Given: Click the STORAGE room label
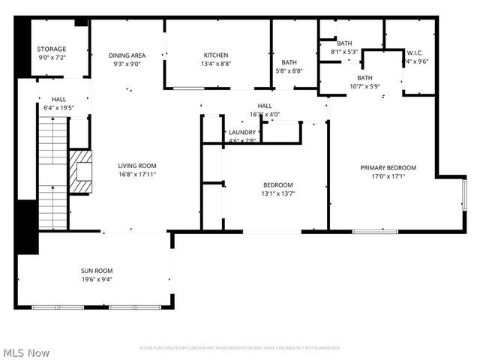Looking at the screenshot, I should pos(52,49).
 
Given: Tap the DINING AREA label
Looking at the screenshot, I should pos(127,55).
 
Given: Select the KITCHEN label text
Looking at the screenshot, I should pos(216,55).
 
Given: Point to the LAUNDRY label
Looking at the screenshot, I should pos(242,132).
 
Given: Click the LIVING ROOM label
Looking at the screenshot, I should pos(136,166).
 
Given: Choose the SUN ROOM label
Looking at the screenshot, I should pos(97,271).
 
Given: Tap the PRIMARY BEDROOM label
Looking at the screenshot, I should pos(388,168).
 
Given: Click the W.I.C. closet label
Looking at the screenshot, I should pos(416,53).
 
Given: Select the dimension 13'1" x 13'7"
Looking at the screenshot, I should pos(277,193).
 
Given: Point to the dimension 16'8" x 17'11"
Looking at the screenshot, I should pos(136,175).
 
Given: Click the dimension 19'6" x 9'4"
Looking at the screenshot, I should pos(97,280).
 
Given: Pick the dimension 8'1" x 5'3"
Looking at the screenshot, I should pos(344,52).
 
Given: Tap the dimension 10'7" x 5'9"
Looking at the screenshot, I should pos(365,86).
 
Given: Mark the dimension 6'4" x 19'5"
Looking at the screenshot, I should pos(58,108).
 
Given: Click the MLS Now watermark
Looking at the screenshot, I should pos(26,352).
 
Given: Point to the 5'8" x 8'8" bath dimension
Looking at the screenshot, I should pos(289,71).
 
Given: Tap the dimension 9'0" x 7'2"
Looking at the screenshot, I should pos(52,58).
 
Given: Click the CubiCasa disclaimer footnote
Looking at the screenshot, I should pos(240,348).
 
